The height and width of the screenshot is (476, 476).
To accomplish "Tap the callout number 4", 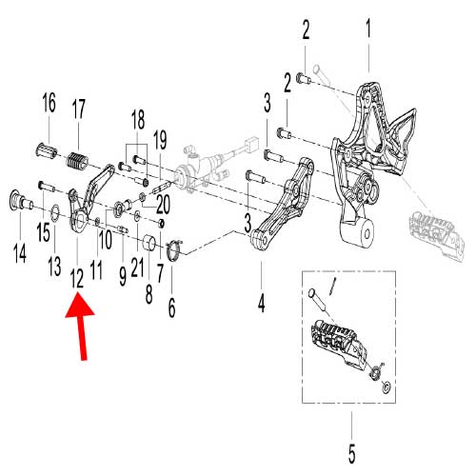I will tap(261, 277).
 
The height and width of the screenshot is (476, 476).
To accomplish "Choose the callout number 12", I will tap(76, 277).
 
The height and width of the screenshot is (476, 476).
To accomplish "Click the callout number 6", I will tap(171, 307).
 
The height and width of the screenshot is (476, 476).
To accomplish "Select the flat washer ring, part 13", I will tap(54, 212).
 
